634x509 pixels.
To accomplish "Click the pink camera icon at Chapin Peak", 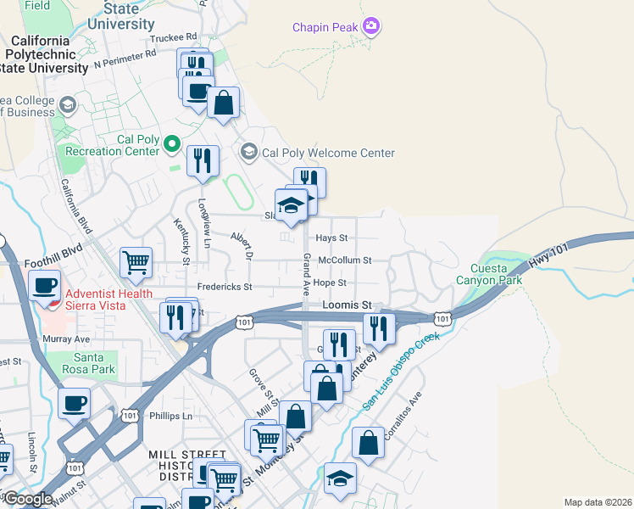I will pyautogui.click(x=370, y=27).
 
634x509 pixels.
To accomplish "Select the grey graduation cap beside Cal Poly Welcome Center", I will pyautogui.click(x=249, y=153).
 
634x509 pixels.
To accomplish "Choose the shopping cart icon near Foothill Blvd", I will pyautogui.click(x=136, y=262).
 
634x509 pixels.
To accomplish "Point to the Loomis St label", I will pyautogui.click(x=347, y=305).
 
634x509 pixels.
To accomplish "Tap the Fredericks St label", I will pyautogui.click(x=225, y=288).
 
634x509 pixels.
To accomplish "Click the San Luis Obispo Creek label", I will pyautogui.click(x=402, y=372).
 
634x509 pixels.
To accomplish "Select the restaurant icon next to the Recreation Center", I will pyautogui.click(x=203, y=160).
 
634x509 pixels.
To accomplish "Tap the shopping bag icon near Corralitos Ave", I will pyautogui.click(x=369, y=444).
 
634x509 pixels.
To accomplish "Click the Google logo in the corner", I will pyautogui.click(x=28, y=500).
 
